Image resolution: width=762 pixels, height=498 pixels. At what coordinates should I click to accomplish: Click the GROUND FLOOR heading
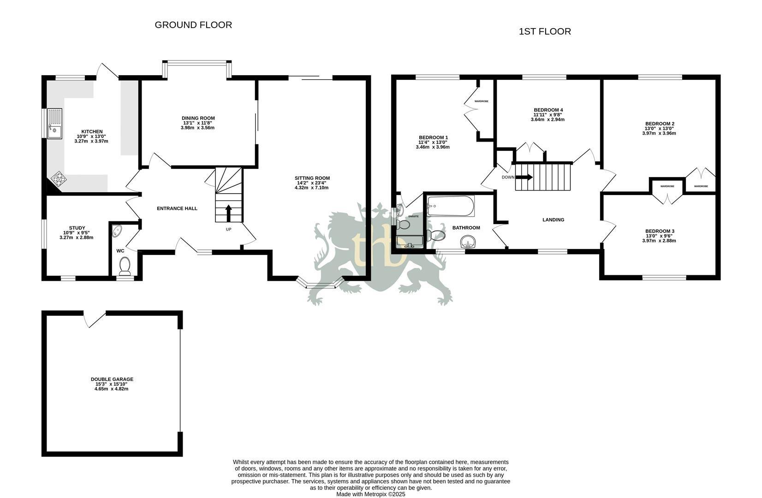[x=193, y=25]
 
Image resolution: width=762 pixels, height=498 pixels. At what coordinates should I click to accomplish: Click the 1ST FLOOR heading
[x=545, y=31]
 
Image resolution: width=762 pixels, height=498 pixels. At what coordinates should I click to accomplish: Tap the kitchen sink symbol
[x=54, y=124]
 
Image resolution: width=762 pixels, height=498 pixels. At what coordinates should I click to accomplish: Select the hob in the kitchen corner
[x=59, y=178]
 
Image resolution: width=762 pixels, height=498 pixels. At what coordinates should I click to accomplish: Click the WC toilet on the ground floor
[x=125, y=266]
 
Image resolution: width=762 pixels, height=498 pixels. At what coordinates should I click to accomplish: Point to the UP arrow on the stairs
[x=228, y=213]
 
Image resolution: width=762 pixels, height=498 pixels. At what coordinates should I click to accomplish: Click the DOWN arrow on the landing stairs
[x=524, y=177]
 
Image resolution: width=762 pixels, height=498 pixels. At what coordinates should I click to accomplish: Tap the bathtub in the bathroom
[x=450, y=206]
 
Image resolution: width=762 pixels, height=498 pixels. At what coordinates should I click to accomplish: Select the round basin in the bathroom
[x=468, y=242]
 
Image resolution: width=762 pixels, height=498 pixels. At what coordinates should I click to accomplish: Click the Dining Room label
[x=198, y=118]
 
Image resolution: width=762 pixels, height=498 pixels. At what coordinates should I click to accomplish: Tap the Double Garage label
[x=112, y=379]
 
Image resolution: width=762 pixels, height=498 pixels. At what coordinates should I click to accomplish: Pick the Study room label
[x=77, y=228]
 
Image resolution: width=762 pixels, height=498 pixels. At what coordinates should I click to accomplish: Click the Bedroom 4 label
[x=548, y=110]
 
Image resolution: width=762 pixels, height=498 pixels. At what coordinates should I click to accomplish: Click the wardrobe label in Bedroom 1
[x=481, y=101]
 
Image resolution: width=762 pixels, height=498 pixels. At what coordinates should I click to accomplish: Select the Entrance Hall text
[x=177, y=208]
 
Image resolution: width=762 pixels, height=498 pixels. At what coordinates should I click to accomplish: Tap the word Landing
[x=553, y=219]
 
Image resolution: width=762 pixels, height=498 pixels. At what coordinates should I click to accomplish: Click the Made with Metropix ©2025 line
[x=370, y=494]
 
